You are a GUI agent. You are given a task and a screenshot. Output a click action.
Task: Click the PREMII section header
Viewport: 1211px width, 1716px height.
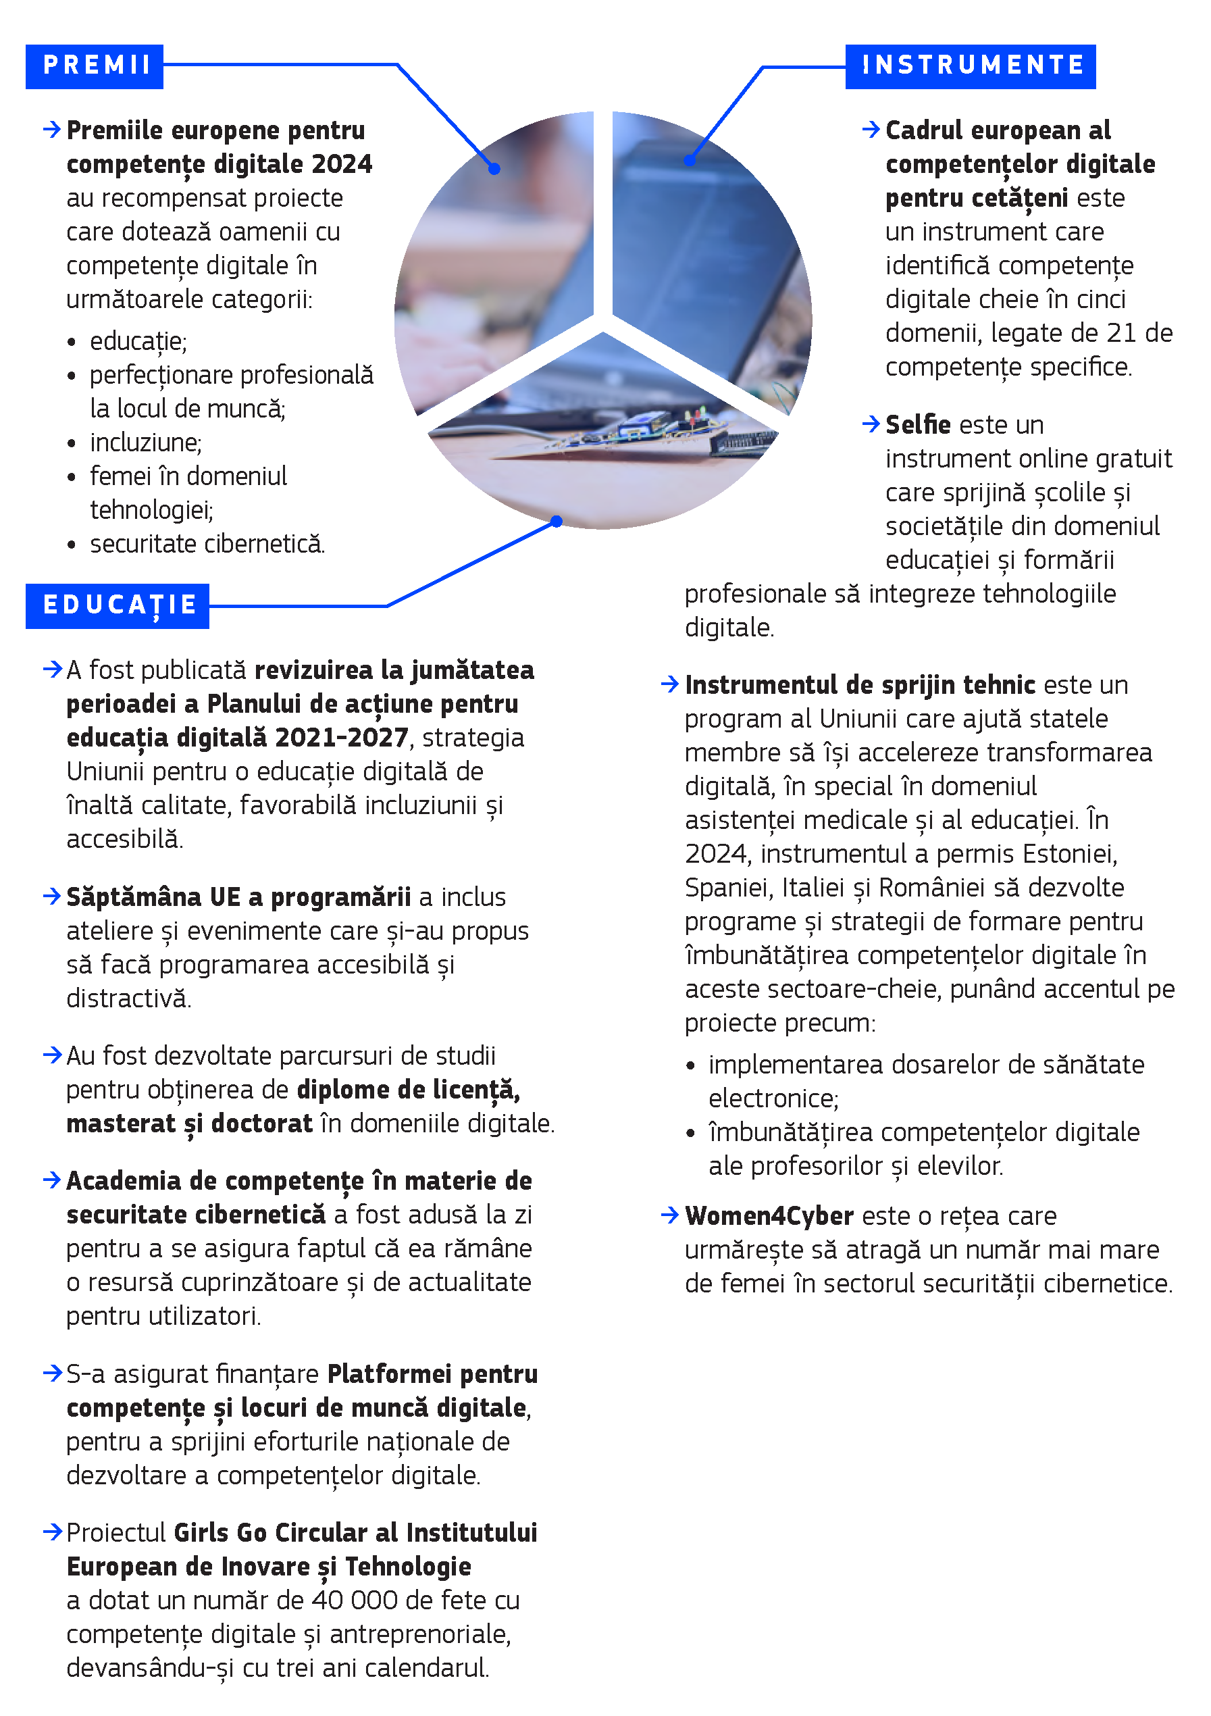[x=95, y=66]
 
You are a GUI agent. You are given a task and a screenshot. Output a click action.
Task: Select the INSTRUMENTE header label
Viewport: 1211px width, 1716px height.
[x=971, y=66]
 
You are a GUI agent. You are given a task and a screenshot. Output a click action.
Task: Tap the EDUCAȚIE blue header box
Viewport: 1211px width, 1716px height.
[x=118, y=605]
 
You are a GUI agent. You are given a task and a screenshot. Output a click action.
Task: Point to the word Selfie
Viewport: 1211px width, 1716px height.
[x=918, y=424]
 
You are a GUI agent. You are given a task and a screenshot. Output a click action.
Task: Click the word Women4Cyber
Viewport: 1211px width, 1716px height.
[x=769, y=1216]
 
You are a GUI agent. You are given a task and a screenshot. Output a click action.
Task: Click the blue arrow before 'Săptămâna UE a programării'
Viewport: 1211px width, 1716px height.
[x=52, y=896]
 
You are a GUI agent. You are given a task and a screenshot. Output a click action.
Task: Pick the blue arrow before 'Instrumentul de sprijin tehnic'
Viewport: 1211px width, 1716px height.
[x=669, y=684]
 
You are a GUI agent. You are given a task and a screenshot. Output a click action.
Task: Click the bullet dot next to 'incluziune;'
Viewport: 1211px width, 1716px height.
[x=72, y=444]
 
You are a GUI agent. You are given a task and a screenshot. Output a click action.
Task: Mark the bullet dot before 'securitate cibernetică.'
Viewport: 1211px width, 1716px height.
[x=72, y=545]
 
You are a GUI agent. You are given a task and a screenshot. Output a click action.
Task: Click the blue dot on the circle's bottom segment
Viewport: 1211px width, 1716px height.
[x=557, y=521]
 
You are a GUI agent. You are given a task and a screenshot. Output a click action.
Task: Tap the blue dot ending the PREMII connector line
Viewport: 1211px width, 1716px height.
[x=494, y=169]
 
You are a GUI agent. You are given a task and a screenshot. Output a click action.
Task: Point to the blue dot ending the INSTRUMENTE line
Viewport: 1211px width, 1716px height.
[x=690, y=160]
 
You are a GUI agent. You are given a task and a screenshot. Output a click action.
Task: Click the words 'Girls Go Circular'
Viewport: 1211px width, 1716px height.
[x=270, y=1532]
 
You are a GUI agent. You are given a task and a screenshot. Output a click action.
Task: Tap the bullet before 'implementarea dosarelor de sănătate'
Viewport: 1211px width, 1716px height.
[x=690, y=1066]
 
